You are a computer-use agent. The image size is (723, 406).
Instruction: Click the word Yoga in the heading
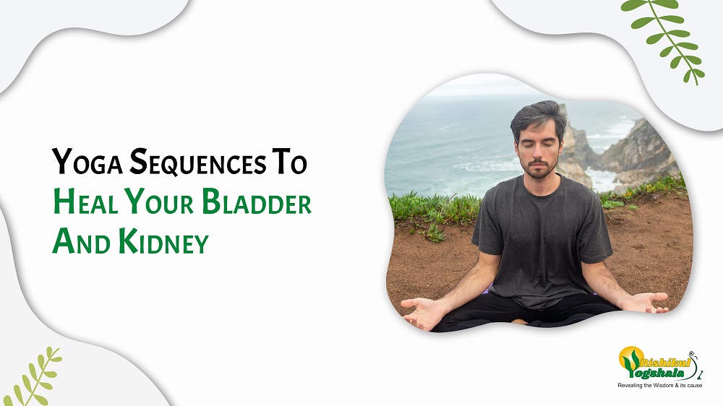[87, 162]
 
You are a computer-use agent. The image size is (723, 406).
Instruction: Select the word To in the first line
[289, 161]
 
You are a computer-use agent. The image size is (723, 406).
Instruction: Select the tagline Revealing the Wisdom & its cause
[660, 385]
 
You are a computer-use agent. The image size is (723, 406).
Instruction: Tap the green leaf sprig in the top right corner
[663, 39]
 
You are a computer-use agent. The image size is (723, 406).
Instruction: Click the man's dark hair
[538, 118]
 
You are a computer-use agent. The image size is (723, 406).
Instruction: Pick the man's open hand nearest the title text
[422, 312]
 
